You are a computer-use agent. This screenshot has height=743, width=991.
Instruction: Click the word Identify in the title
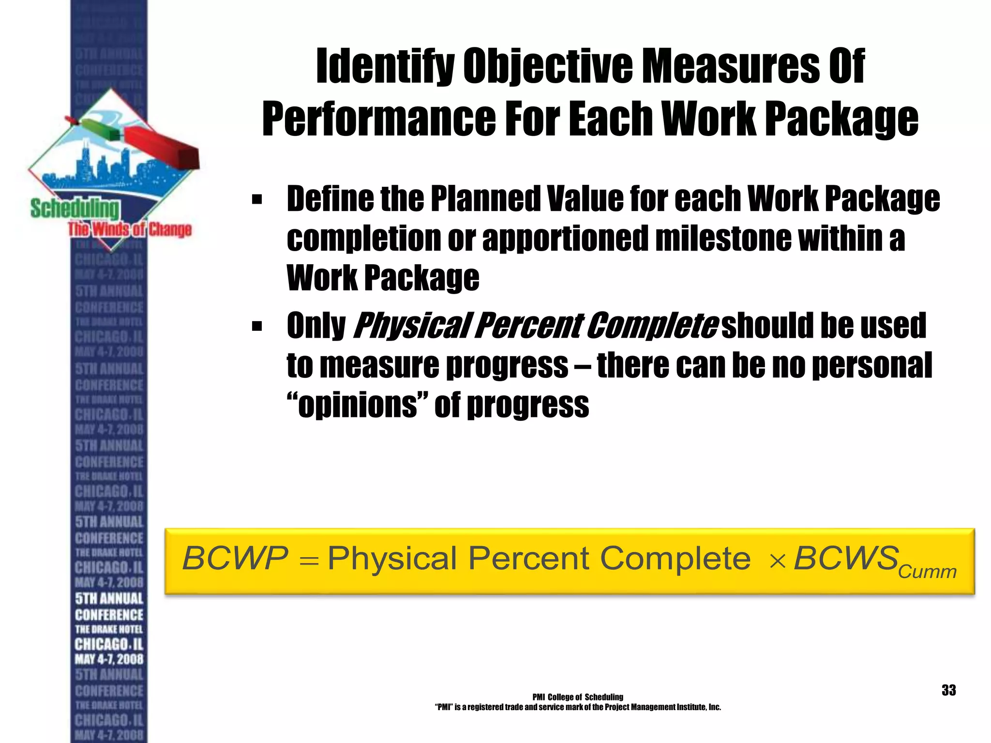385,67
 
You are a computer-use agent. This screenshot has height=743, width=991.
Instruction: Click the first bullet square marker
256,199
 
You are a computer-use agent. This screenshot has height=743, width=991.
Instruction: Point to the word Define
330,199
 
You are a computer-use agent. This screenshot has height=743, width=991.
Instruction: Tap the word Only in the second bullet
316,326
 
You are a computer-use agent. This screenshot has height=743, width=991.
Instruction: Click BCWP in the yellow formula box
235,558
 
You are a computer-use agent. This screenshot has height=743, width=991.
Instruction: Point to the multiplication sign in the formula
777,562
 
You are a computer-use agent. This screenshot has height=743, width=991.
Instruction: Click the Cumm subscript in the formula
927,572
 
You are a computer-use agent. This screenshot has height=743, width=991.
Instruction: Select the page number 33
948,690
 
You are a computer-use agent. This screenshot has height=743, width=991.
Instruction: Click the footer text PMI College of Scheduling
578,697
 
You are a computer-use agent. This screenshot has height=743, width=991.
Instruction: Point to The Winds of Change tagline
130,229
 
